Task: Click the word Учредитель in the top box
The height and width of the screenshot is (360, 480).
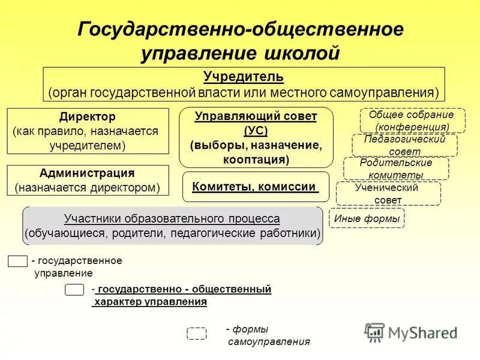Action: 243,77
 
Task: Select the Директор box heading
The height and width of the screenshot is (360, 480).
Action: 88,116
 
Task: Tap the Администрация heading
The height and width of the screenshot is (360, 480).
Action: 87,173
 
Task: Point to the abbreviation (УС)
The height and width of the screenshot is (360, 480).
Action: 256,131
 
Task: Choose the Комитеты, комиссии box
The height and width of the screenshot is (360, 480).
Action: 255,187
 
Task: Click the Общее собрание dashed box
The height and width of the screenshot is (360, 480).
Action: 412,121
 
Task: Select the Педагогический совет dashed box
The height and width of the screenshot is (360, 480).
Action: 404,145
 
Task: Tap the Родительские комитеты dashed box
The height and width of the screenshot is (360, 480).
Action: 395,169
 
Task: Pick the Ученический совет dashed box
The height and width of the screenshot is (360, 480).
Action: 388,193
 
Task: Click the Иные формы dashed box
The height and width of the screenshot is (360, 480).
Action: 367,219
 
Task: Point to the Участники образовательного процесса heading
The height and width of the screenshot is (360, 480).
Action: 172,218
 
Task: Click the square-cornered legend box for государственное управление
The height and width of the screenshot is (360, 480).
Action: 17,261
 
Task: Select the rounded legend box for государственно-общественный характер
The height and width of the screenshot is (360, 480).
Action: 74,290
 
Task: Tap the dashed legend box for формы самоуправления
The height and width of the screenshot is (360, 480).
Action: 196,334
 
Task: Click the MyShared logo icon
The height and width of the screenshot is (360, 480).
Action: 374,332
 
